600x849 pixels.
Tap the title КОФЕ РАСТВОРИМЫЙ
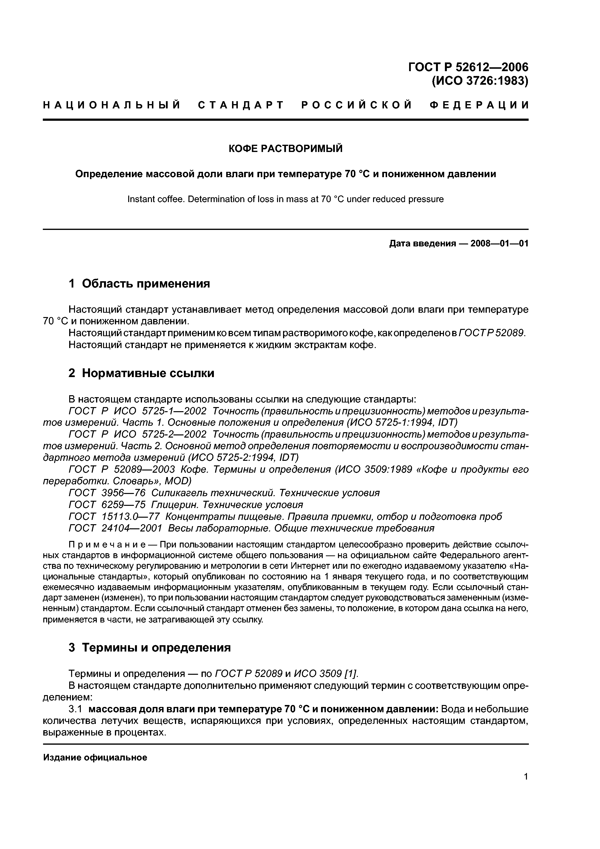click(285, 149)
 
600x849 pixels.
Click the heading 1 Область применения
click(139, 284)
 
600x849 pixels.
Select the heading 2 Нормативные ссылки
click(141, 373)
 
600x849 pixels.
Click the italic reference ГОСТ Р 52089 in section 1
click(491, 333)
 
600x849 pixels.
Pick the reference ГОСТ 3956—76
click(107, 493)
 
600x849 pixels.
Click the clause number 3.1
click(77, 709)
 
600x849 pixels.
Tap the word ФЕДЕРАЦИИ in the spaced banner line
click(479, 105)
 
